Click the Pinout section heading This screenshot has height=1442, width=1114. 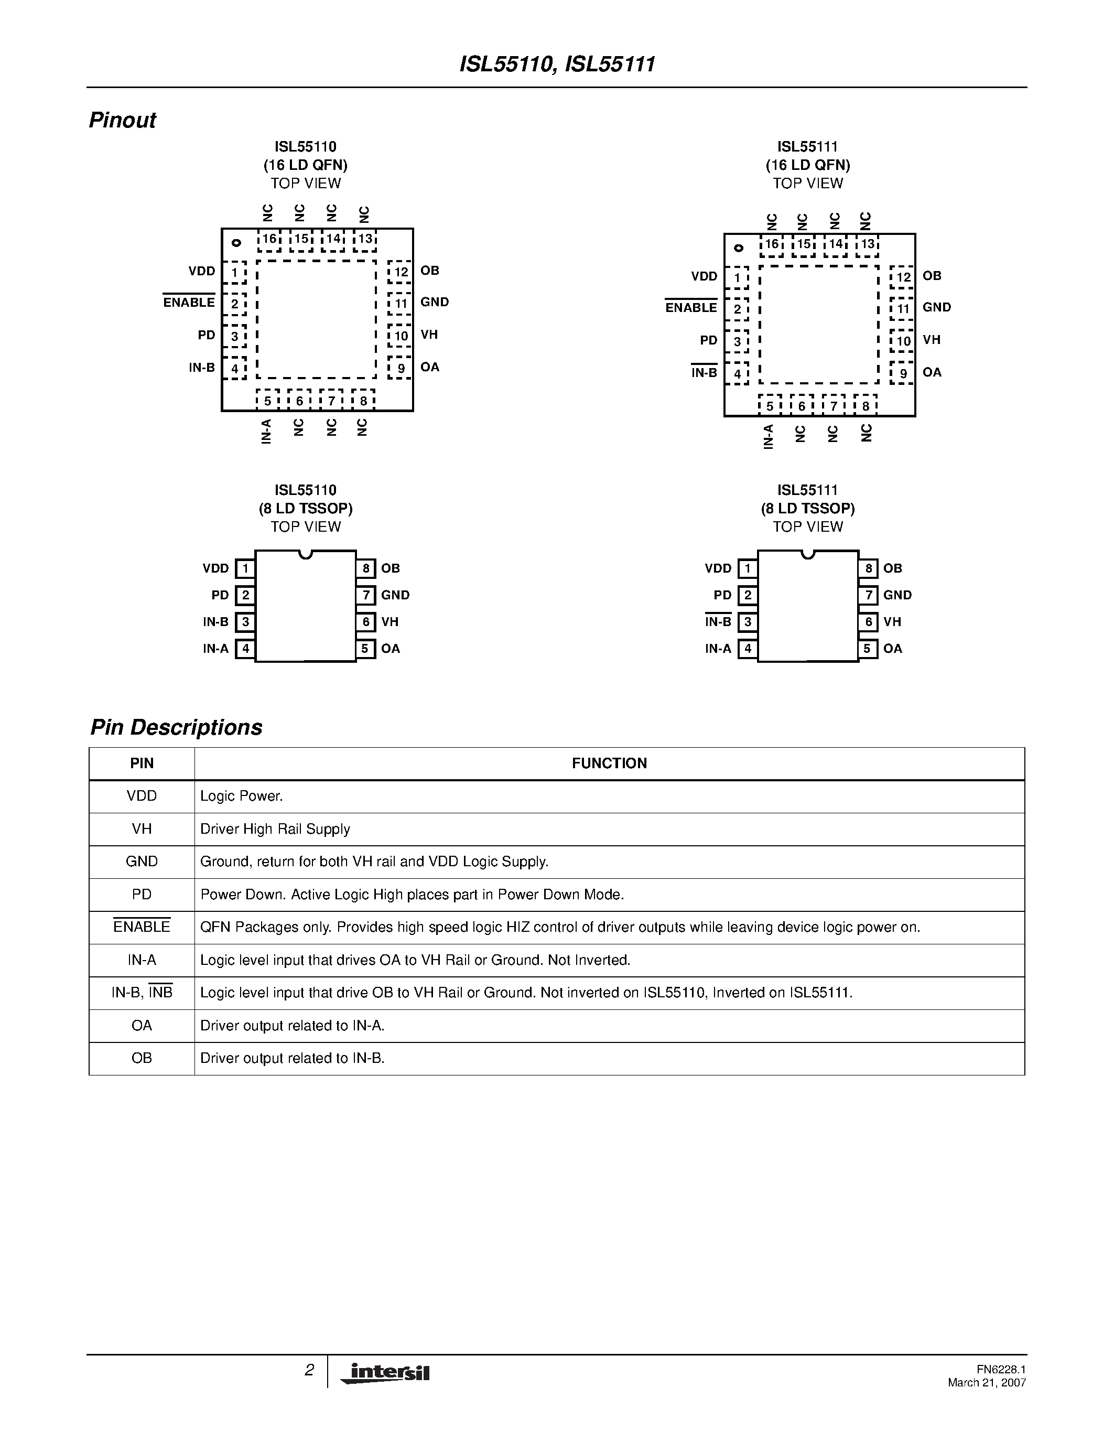[122, 120]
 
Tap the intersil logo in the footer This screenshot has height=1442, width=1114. [386, 1372]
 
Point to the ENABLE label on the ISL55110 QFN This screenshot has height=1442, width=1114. [189, 303]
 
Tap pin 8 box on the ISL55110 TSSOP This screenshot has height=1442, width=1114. [365, 568]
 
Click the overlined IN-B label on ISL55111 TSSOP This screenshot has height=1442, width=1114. [718, 622]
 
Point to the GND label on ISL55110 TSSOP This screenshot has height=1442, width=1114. [395, 595]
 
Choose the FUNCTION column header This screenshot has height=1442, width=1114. [609, 763]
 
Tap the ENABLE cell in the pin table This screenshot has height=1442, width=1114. [142, 927]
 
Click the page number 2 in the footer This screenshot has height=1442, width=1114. [309, 1371]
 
